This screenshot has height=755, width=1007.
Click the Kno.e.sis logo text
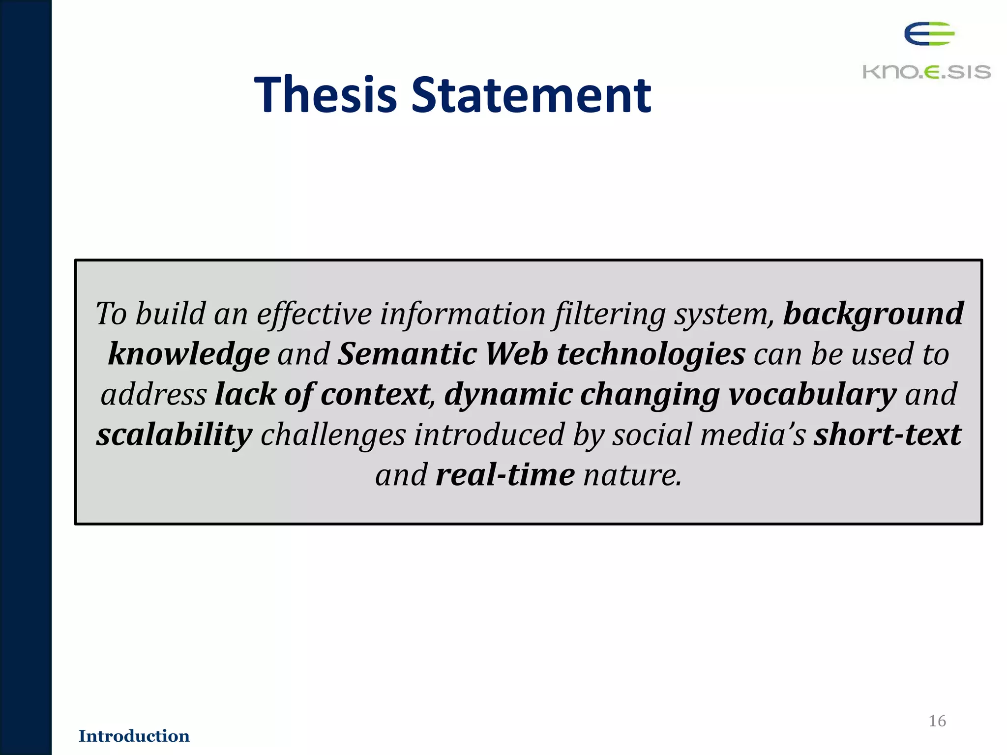(926, 72)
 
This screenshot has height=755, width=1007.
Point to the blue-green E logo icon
(929, 34)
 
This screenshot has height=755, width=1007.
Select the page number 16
(937, 721)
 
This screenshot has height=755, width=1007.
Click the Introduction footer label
(134, 736)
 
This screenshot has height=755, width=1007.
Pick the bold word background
(873, 314)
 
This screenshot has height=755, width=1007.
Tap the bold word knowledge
(189, 354)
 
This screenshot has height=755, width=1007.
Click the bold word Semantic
(407, 354)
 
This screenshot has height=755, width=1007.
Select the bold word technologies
(651, 354)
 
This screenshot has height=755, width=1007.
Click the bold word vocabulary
(812, 395)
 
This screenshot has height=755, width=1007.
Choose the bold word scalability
(174, 435)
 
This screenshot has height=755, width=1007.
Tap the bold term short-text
(888, 435)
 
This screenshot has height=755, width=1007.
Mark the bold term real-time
(505, 475)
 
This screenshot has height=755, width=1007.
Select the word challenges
(333, 435)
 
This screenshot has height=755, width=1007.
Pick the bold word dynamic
(508, 395)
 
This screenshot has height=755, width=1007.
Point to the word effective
(314, 314)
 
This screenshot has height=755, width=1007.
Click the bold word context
(375, 395)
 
